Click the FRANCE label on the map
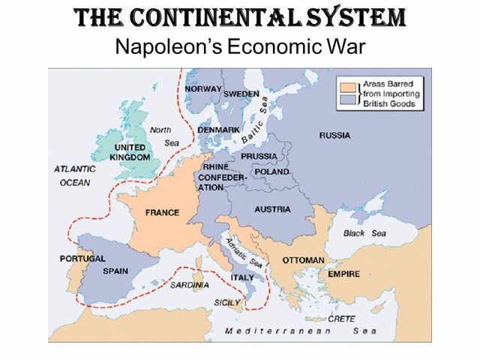tap(161, 212)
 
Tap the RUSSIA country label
tap(334, 136)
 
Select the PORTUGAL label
tap(82, 259)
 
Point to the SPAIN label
tap(115, 271)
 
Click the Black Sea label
tap(364, 233)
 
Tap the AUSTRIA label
tap(272, 209)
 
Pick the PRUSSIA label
tap(259, 156)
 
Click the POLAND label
tap(271, 171)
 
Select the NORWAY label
tap(204, 88)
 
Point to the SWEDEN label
tap(242, 94)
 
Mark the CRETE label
tap(341, 319)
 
